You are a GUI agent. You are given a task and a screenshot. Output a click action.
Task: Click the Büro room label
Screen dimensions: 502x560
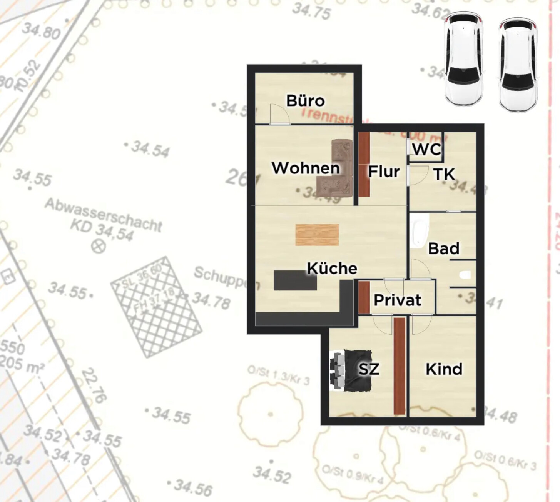click(x=306, y=101)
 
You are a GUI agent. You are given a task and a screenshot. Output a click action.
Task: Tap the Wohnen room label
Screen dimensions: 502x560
click(x=306, y=168)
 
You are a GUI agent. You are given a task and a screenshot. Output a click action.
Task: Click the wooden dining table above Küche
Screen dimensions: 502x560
click(x=317, y=235)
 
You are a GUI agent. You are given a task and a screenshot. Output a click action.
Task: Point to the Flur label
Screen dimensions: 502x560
click(x=384, y=172)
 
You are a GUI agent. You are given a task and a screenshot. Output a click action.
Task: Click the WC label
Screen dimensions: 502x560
click(x=426, y=149)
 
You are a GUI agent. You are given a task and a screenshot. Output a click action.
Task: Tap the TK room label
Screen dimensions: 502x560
click(x=444, y=174)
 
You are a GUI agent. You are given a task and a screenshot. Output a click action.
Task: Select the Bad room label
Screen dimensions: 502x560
click(x=444, y=248)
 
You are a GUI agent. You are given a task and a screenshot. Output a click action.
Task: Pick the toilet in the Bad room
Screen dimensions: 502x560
click(x=465, y=275)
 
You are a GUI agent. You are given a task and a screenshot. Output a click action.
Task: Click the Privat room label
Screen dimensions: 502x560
click(x=398, y=300)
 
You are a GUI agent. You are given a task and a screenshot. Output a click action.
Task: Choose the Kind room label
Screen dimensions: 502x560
click(x=444, y=369)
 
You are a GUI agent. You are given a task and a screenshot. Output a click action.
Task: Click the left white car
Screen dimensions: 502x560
click(x=463, y=60)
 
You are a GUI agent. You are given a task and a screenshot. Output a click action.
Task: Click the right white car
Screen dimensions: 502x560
click(x=518, y=64)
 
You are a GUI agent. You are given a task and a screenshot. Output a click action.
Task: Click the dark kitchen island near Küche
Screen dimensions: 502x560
click(x=295, y=280)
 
